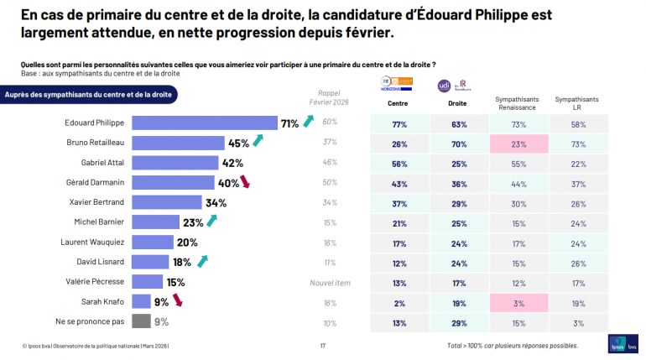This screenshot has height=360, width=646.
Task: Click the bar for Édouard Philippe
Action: coord(205,123)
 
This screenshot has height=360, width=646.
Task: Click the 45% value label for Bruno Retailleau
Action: coord(238,143)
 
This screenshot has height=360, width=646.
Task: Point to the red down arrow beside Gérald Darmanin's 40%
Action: coord(245,182)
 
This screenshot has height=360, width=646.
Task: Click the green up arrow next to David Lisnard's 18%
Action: coord(201,261)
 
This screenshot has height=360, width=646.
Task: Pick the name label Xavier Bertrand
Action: coord(96,202)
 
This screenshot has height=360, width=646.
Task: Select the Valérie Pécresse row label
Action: coord(96,281)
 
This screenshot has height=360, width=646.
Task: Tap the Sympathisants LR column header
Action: coord(576,103)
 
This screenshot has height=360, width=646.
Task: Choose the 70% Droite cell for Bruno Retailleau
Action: coord(458,143)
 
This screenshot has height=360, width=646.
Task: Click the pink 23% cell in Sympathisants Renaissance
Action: coord(518,143)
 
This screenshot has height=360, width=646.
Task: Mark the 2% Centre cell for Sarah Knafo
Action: coord(399,301)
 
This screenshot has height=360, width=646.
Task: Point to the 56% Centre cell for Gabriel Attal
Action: coord(399,163)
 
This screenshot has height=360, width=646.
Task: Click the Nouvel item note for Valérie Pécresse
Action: coord(330,281)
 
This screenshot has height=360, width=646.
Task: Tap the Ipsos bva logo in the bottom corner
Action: coord(623,345)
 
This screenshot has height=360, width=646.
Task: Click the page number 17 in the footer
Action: coord(323,346)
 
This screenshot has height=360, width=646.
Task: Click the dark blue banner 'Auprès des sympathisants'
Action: coord(88,95)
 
